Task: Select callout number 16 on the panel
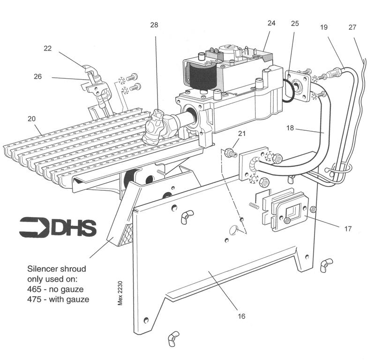tap(241, 316)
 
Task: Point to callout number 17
tap(347, 230)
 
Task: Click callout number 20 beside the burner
tap(31, 119)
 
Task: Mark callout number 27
tap(352, 27)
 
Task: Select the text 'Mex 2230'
tap(120, 293)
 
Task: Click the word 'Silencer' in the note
tap(44, 270)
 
